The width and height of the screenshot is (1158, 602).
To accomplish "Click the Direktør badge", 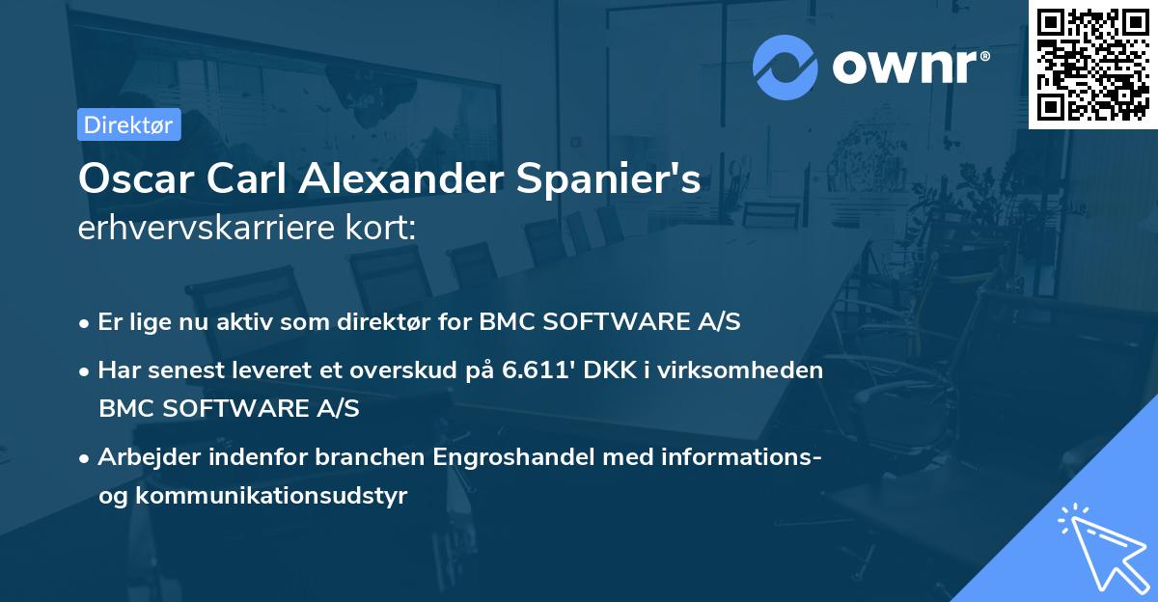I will [x=128, y=125].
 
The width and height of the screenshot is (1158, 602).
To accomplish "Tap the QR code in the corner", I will [x=1092, y=64].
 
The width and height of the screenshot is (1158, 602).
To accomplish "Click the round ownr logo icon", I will [x=786, y=67].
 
